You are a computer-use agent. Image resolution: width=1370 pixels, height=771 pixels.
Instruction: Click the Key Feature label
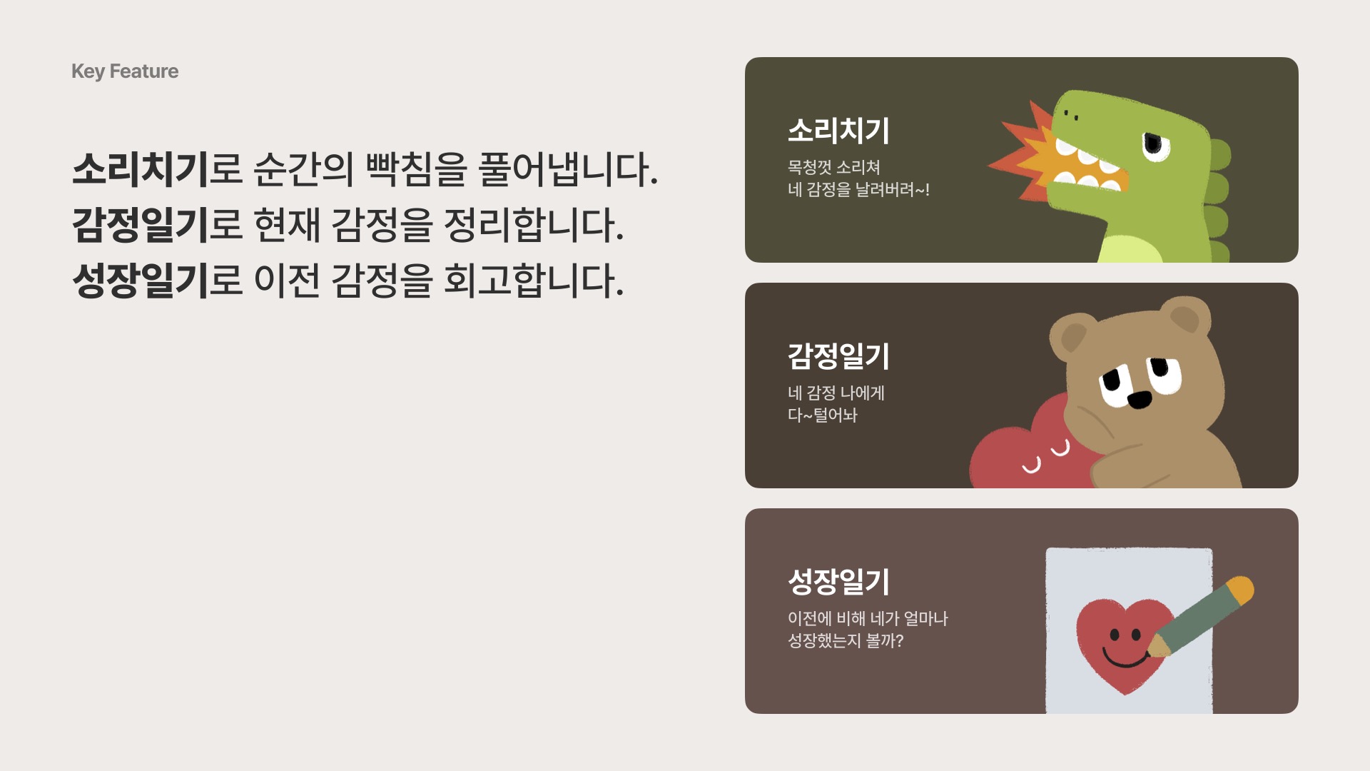click(x=125, y=71)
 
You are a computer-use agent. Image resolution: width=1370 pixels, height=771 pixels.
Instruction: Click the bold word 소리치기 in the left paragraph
click(x=141, y=170)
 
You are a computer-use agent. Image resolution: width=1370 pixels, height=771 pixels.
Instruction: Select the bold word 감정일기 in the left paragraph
click(x=141, y=225)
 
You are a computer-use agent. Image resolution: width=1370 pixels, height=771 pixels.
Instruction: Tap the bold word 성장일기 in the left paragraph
click(x=141, y=280)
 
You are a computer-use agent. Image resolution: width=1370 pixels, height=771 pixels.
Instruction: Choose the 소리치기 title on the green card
click(x=838, y=131)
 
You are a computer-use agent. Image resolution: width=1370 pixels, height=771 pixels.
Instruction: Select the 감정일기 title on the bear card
click(x=838, y=356)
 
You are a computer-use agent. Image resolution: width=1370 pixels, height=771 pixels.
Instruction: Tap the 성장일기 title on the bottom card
click(x=838, y=582)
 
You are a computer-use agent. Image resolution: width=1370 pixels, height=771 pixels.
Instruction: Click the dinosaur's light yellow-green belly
click(x=1135, y=246)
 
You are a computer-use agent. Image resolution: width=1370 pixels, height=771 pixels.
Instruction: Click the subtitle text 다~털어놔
click(x=823, y=415)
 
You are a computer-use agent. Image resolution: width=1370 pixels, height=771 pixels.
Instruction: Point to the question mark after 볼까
click(x=899, y=640)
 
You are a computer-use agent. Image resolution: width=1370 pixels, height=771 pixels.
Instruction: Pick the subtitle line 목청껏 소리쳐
click(x=834, y=167)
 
